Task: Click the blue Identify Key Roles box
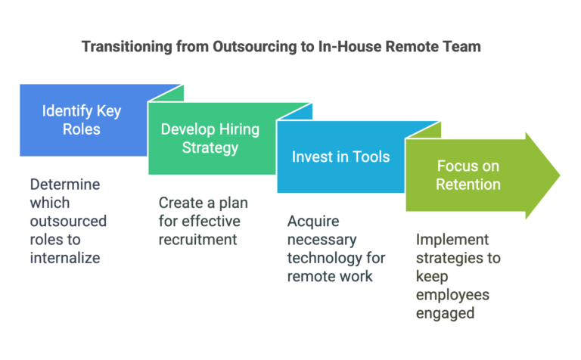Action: pos(83,120)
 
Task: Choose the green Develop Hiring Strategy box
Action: pos(212,138)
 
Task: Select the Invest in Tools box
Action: pos(340,157)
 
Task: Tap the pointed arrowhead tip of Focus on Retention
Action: pos(560,175)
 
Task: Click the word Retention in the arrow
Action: pos(468,185)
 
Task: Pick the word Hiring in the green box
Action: pos(239,130)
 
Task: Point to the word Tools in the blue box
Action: pos(371,157)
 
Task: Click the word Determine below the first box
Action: pos(65,185)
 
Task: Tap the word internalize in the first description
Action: pos(65,258)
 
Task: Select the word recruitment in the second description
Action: pos(197,240)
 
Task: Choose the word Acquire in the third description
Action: pos(313,222)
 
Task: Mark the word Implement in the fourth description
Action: pos(452,240)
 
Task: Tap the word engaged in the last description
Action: pos(445,314)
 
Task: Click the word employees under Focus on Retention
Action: pos(452,295)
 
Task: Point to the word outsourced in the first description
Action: pos(68,221)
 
